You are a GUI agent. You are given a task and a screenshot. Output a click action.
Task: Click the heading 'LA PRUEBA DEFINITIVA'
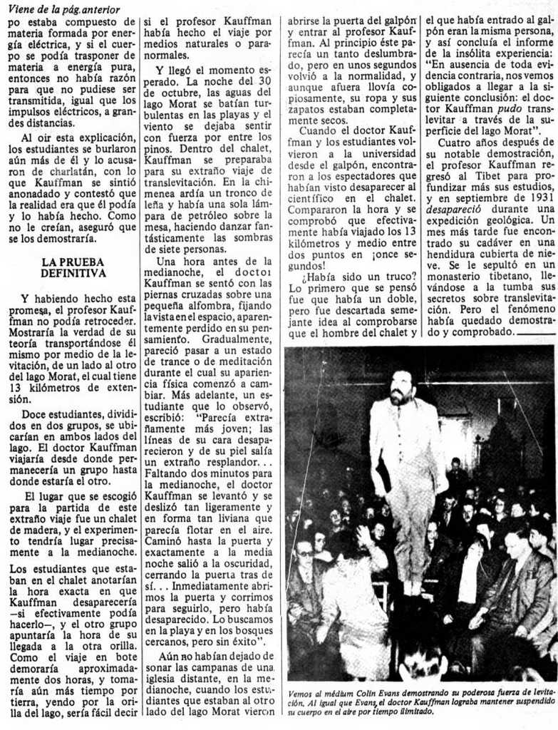coord(73,267)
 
